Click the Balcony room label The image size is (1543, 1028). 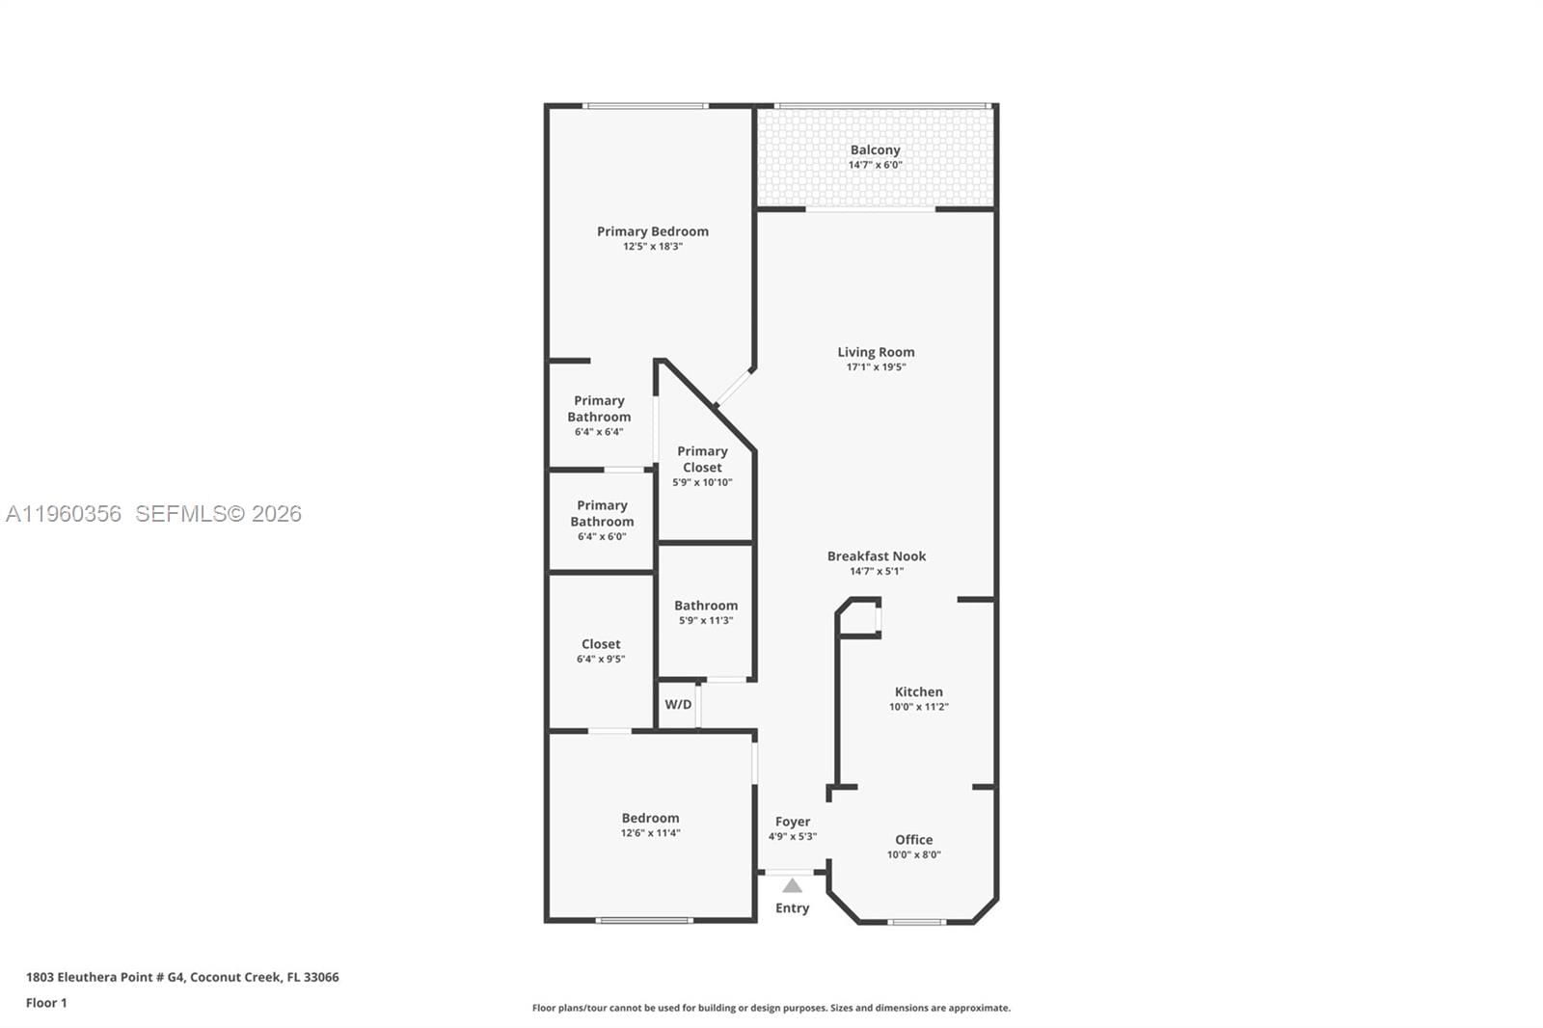[875, 150]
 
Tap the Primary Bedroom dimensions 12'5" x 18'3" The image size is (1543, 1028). [653, 247]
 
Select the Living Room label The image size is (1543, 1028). [876, 352]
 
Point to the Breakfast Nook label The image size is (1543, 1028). [876, 556]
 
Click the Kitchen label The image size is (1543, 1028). [918, 691]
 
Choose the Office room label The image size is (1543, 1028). [913, 840]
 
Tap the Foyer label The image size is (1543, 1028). [792, 822]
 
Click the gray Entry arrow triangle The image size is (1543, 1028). [792, 886]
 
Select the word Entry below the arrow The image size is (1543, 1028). [792, 908]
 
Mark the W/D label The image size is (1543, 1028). [678, 705]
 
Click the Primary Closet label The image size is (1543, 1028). [702, 459]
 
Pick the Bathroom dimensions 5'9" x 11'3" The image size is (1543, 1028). [706, 621]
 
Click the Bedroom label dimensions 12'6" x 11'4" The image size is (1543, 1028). [650, 833]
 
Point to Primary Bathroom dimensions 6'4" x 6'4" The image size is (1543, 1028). [599, 432]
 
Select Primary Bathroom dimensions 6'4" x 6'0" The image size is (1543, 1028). [602, 537]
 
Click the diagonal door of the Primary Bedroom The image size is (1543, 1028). [733, 387]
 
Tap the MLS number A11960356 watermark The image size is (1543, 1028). [64, 514]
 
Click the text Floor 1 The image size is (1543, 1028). [46, 1003]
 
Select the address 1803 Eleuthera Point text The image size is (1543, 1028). [181, 977]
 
